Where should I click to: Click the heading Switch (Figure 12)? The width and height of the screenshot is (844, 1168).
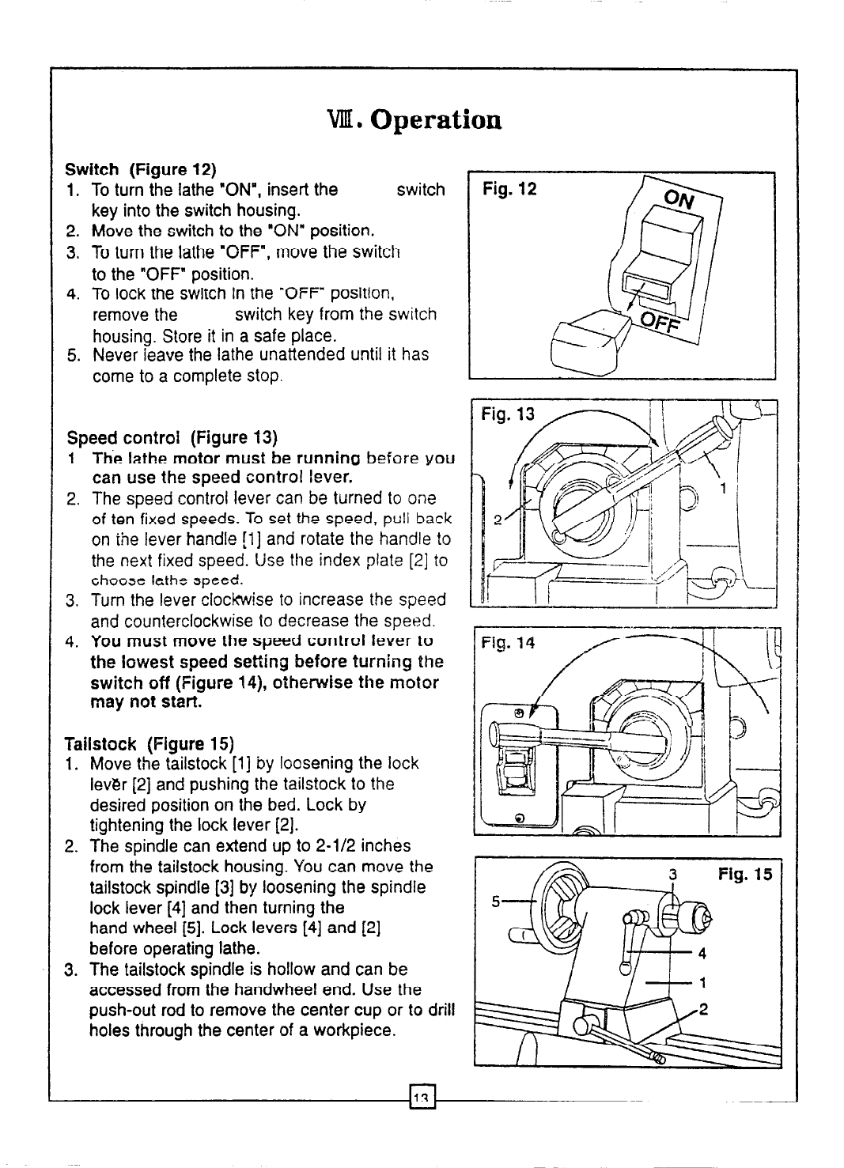click(140, 169)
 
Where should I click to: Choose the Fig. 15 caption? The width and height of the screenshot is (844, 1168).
click(744, 875)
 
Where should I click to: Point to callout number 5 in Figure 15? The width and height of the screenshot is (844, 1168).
click(497, 901)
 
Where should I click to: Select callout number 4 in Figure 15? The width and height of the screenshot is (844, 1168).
click(702, 953)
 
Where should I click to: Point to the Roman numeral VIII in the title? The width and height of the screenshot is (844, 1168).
click(345, 119)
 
